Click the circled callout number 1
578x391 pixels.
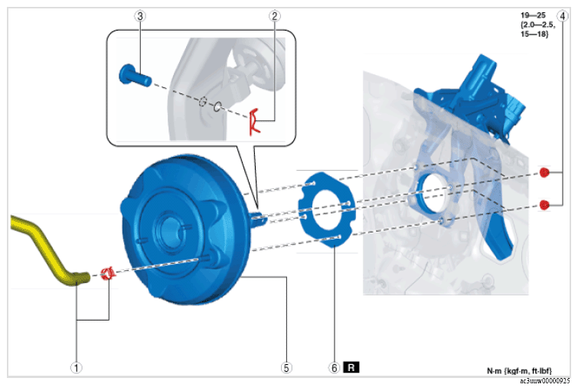77,368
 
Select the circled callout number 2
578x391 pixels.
274,16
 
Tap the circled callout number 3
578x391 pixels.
139,16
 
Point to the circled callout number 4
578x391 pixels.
563,16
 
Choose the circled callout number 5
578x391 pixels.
286,368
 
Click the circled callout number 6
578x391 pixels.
335,368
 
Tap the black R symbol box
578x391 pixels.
351,367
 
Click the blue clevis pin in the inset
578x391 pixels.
135,76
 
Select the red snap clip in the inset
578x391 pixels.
253,122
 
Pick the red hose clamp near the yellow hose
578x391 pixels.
108,274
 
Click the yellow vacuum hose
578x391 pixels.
47,249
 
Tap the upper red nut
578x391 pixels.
544,172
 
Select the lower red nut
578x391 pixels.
544,204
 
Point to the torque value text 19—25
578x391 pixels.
533,15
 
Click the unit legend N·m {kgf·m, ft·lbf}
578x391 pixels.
520,371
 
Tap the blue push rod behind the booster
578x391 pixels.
259,218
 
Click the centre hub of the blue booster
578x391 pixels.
170,230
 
